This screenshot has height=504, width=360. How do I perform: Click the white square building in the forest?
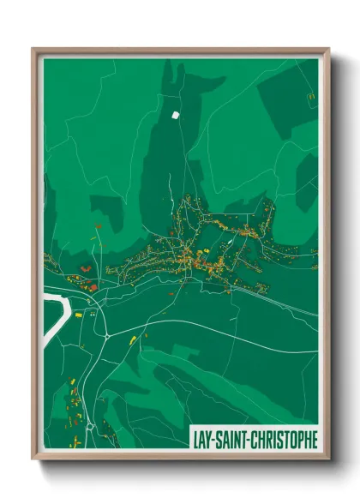pyautogui.click(x=176, y=113)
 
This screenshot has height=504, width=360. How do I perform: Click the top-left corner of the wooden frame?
pyautogui.click(x=33, y=49)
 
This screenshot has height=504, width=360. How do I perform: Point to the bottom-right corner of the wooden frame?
pyautogui.click(x=328, y=459)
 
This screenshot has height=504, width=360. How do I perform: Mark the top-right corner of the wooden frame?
pyautogui.click(x=328, y=49)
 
